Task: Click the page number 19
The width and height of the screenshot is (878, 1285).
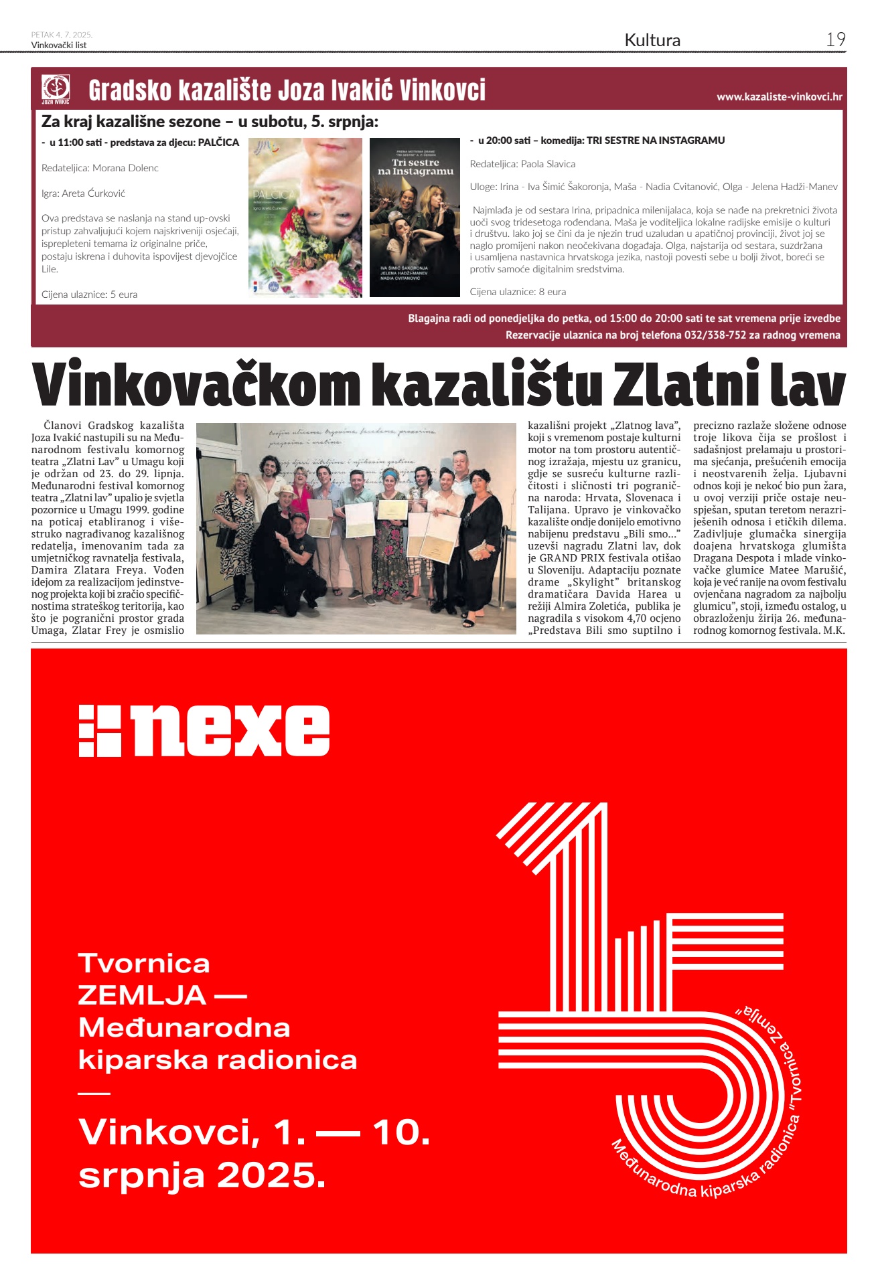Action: pos(835,39)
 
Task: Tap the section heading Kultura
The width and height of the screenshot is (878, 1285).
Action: pos(652,40)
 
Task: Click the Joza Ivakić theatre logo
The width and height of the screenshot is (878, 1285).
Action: pos(56,89)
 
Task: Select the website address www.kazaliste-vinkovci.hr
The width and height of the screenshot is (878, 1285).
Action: pos(779,96)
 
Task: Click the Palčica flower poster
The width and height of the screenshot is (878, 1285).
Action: pos(305,218)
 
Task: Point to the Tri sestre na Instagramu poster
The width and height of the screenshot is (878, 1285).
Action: pos(415,218)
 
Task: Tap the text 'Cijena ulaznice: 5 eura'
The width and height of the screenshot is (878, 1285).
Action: pos(89,294)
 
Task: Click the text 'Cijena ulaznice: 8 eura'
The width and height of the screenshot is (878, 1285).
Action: pos(518,292)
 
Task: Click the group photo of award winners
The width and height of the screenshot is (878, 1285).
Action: pos(356,528)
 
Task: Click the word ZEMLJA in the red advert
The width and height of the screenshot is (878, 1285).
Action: pos(142,995)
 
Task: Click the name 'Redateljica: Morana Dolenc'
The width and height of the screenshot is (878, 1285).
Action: pos(100,168)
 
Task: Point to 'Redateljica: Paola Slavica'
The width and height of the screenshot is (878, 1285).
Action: pos(522,164)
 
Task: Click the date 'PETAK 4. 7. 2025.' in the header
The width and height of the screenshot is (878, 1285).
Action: pos(62,35)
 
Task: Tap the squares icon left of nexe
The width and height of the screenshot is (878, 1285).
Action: pos(100,731)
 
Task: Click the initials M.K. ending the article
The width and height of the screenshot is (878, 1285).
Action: pos(834,630)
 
